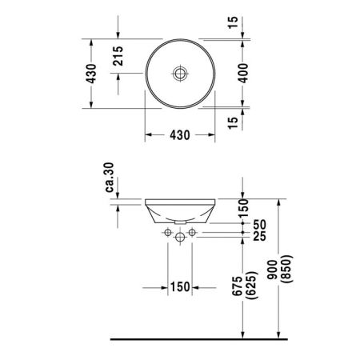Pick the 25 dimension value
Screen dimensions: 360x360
[x=258, y=238]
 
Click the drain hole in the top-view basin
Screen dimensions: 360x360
[x=180, y=74]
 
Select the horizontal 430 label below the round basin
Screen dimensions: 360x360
[x=179, y=135]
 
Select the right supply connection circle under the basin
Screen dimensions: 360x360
[x=192, y=233]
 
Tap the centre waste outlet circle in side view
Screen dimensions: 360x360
[x=179, y=238]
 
